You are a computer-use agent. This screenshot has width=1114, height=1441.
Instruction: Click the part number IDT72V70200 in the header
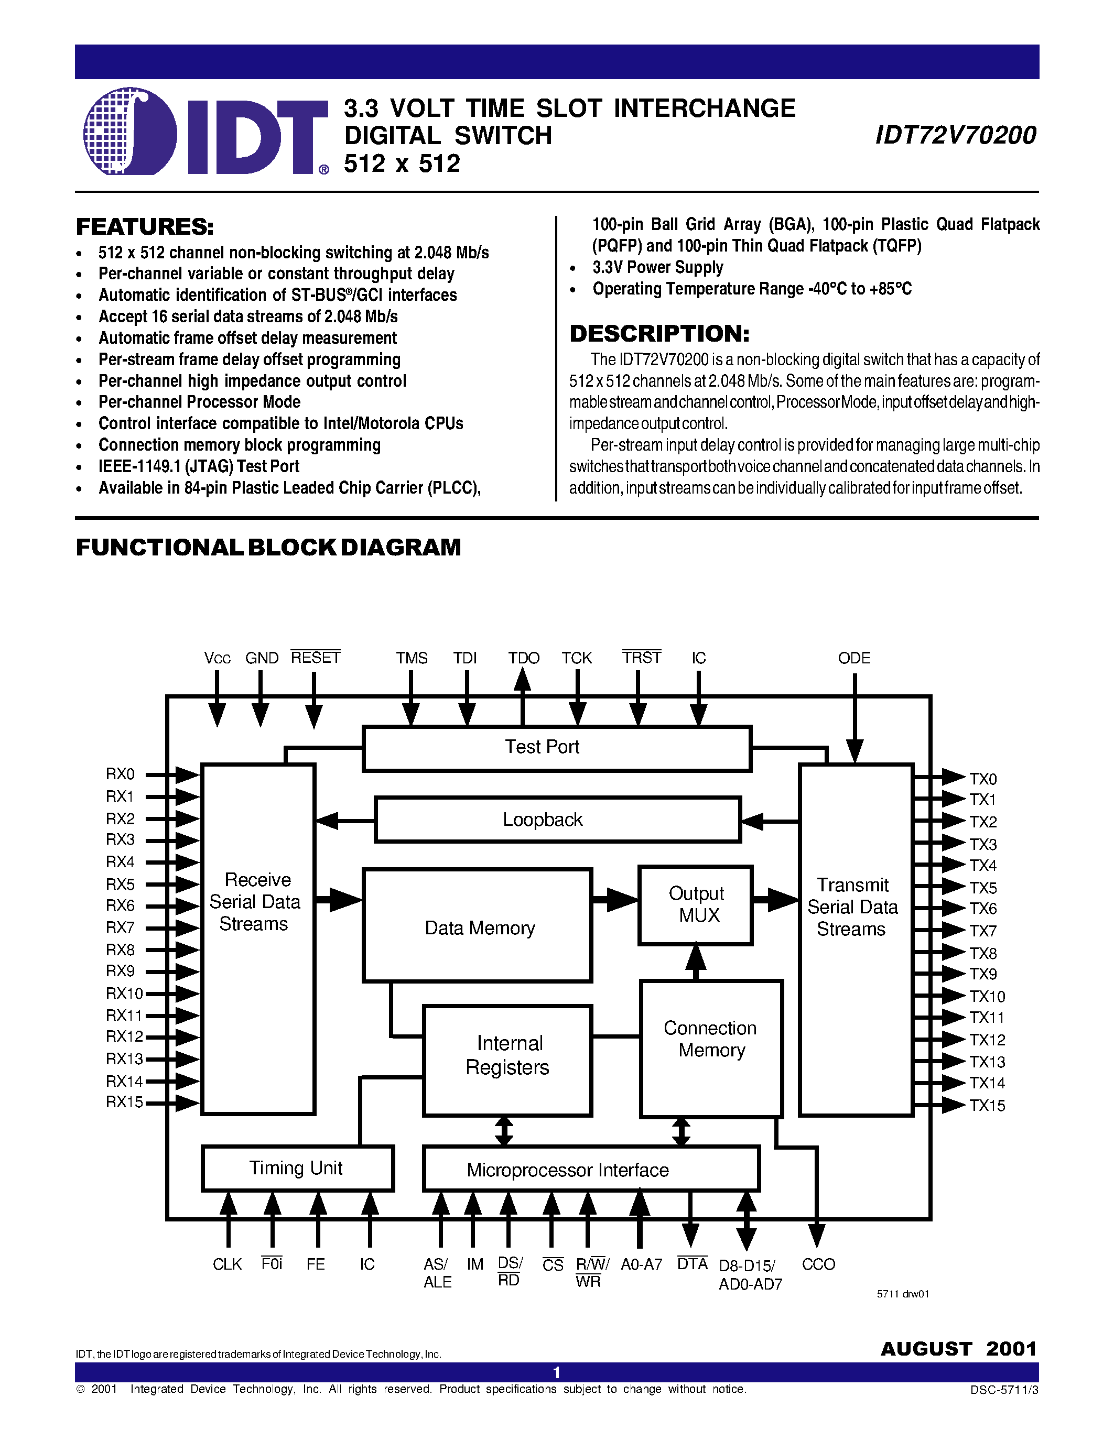tap(955, 135)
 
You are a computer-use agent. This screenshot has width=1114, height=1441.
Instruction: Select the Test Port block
tap(556, 748)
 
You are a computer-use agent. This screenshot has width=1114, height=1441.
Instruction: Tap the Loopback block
tap(557, 820)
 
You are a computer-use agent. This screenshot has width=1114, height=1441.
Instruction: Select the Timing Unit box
tap(297, 1168)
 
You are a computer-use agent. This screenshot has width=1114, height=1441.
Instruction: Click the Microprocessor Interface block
tap(591, 1170)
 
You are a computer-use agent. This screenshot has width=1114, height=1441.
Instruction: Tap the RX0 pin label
tap(120, 774)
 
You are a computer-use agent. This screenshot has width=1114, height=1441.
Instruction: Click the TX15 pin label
tap(987, 1105)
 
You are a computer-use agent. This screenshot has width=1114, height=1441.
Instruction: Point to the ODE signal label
tap(854, 658)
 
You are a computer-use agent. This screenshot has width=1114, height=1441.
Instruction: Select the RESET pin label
tap(316, 658)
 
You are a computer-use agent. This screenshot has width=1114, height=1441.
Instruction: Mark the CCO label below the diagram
tap(818, 1264)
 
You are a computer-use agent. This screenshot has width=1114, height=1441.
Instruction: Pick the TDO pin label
tap(523, 658)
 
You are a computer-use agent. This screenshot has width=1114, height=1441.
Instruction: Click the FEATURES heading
tap(145, 227)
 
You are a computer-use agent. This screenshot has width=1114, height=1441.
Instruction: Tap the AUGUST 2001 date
tap(958, 1349)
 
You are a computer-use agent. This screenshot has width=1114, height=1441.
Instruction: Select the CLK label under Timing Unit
tap(227, 1264)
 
